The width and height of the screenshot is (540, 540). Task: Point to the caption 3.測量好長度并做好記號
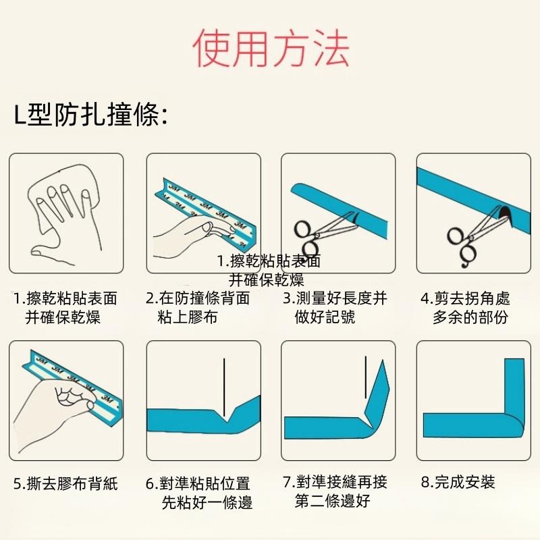point(335,307)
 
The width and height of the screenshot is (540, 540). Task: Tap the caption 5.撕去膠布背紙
point(65,483)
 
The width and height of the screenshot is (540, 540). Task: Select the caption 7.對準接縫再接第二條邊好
point(335,491)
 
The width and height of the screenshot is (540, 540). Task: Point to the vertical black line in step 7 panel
point(364,378)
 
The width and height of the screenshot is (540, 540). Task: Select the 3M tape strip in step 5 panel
point(74,381)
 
